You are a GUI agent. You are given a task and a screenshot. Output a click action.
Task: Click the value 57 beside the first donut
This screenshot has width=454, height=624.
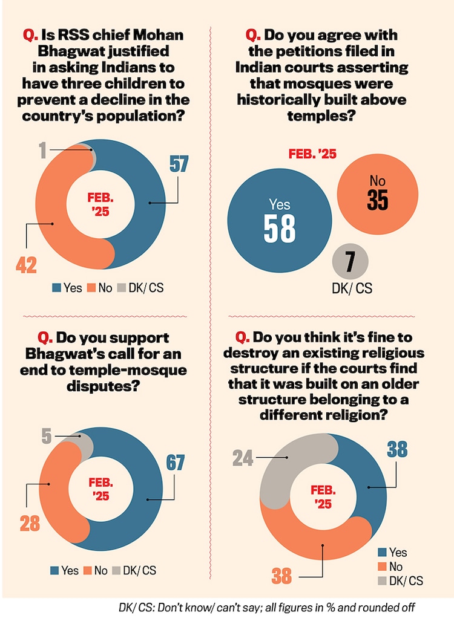click(x=179, y=164)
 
